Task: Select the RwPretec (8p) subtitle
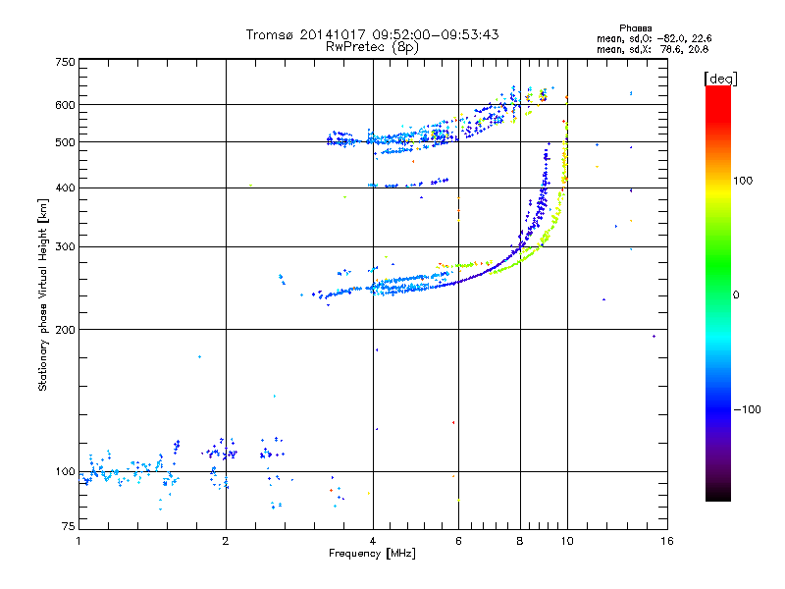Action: pyautogui.click(x=372, y=47)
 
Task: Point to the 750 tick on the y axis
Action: pyautogui.click(x=65, y=62)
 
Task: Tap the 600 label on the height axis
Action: pyautogui.click(x=65, y=105)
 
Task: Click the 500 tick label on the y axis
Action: pyautogui.click(x=65, y=142)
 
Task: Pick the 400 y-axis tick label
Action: pyautogui.click(x=65, y=187)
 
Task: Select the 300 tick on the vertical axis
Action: pyautogui.click(x=65, y=246)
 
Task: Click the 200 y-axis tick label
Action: pyautogui.click(x=65, y=330)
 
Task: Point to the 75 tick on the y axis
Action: pyautogui.click(x=69, y=526)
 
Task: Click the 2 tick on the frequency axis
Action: pyautogui.click(x=226, y=541)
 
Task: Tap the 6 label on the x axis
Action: pyautogui.click(x=458, y=541)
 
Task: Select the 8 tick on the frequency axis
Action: pyautogui.click(x=520, y=541)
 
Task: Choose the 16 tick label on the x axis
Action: pyautogui.click(x=667, y=541)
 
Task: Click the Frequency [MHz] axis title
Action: pyautogui.click(x=372, y=554)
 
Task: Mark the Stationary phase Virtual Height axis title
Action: pyautogui.click(x=43, y=295)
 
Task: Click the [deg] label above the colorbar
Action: pyautogui.click(x=720, y=79)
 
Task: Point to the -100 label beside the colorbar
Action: pyautogui.click(x=747, y=409)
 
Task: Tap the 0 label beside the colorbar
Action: pyautogui.click(x=736, y=295)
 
